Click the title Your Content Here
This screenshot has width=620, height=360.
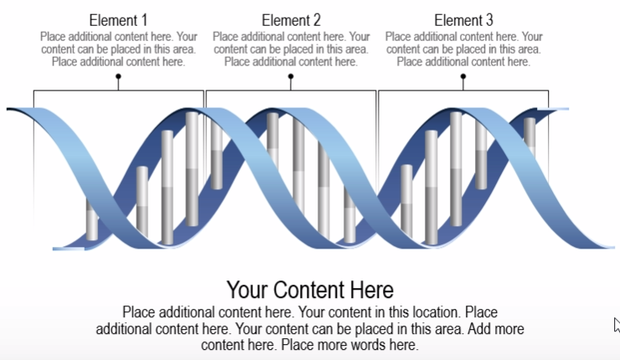[310, 291]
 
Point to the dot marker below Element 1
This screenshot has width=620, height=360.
[118, 76]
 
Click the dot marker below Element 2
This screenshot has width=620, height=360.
[291, 76]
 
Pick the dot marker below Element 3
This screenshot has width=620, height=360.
[463, 76]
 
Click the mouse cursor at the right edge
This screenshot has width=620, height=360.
[616, 324]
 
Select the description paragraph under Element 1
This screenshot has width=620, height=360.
[118, 49]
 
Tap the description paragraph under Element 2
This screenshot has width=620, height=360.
[291, 49]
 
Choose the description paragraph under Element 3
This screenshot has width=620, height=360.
[463, 49]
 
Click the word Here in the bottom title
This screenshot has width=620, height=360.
[372, 291]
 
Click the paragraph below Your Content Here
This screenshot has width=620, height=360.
[310, 327]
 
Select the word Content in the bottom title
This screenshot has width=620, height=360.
[311, 291]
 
